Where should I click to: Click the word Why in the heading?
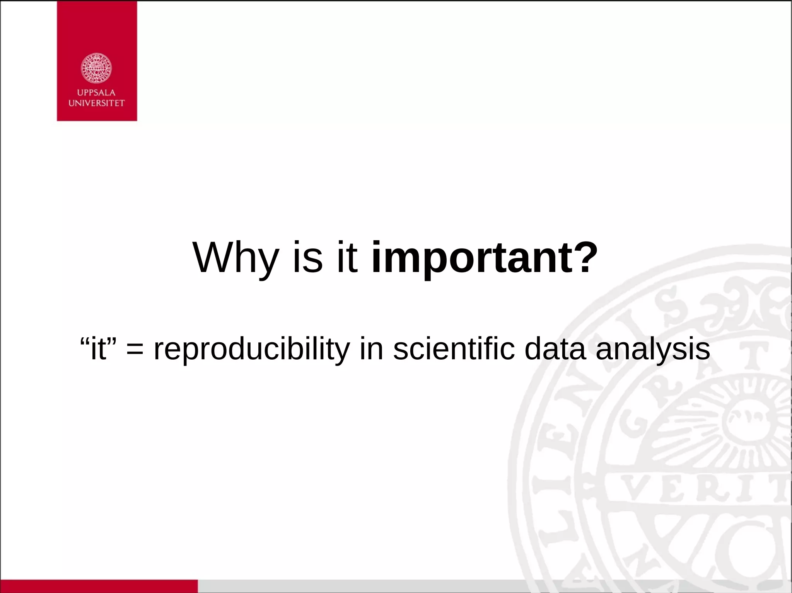click(236, 258)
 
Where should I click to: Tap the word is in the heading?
click(307, 258)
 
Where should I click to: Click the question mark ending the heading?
click(584, 258)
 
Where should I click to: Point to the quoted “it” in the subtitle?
click(98, 349)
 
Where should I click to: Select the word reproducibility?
click(251, 349)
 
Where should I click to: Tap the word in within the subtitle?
click(371, 349)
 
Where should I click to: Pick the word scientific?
click(454, 349)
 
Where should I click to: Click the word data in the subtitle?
click(555, 349)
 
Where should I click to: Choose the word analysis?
click(653, 349)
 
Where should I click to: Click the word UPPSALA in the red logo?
click(96, 93)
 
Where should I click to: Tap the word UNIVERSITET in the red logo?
click(96, 103)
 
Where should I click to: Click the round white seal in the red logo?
click(96, 68)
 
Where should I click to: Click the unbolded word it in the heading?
click(347, 258)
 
